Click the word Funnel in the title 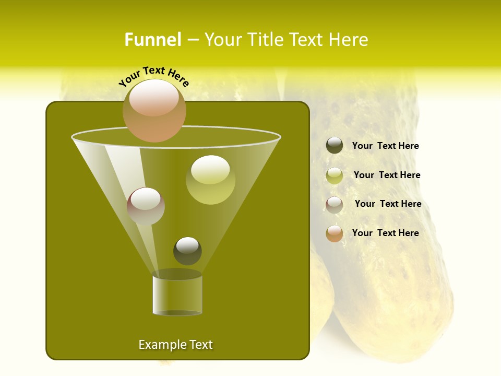(152, 40)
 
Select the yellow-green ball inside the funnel (210, 180)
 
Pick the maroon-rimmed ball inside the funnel (146, 206)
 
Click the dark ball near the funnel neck (187, 251)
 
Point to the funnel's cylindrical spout (177, 295)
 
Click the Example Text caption (175, 345)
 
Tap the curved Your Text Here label (154, 76)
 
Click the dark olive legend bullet (335, 146)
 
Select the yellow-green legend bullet (335, 175)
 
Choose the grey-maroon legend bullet (335, 205)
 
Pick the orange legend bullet (335, 233)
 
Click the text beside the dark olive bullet (385, 146)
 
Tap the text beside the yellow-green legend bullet (387, 175)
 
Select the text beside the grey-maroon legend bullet (388, 204)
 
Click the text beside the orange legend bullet (385, 233)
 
